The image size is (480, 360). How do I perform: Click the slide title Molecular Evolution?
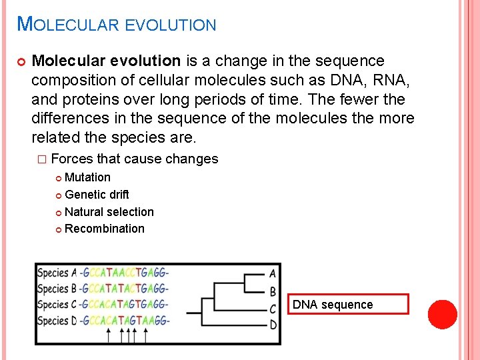coord(117,25)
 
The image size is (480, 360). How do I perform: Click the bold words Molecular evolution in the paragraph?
coord(106,61)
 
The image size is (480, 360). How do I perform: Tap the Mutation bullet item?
coord(87,177)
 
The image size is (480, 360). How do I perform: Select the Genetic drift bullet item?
coord(97,195)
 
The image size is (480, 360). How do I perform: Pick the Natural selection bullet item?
coord(109,212)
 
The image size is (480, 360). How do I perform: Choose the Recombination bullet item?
coord(104,229)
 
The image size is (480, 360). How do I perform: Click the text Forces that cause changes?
coord(134,159)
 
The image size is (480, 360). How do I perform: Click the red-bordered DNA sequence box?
coord(350,305)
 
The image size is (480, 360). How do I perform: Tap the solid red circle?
coord(443,315)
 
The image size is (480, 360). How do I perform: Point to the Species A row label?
coord(57,273)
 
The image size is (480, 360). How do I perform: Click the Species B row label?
coord(57,289)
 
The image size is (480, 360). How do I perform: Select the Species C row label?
coord(57,305)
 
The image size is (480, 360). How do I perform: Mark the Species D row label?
coord(57,321)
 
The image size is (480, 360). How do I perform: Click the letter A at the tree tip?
coord(273,273)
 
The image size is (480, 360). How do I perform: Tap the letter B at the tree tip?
coord(273,291)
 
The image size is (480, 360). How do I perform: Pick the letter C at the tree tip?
coord(273,309)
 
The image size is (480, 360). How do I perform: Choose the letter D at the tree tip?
coord(273,325)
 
